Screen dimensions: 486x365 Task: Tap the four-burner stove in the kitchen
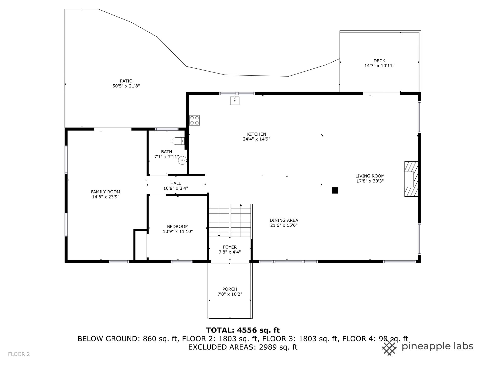pos(195,120)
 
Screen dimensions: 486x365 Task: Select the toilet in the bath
pos(178,141)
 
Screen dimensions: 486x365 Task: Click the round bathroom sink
pos(183,160)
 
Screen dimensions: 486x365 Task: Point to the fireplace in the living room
pos(411,179)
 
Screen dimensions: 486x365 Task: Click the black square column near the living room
pos(335,190)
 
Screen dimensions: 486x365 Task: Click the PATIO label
pos(126,81)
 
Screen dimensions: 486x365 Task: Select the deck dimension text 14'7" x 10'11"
pos(379,66)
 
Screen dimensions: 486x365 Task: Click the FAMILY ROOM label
pos(106,192)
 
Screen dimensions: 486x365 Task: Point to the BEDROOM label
pos(178,227)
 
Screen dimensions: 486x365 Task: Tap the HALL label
pos(176,183)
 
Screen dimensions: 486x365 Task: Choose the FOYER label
pos(230,247)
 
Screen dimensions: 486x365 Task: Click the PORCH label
pos(230,289)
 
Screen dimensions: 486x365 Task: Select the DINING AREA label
pos(284,220)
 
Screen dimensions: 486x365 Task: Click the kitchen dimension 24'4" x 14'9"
pos(256,139)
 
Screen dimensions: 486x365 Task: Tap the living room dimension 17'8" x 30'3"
pos(370,181)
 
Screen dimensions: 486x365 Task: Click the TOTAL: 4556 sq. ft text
pos(243,330)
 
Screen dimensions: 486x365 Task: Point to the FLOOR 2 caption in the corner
pos(19,354)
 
